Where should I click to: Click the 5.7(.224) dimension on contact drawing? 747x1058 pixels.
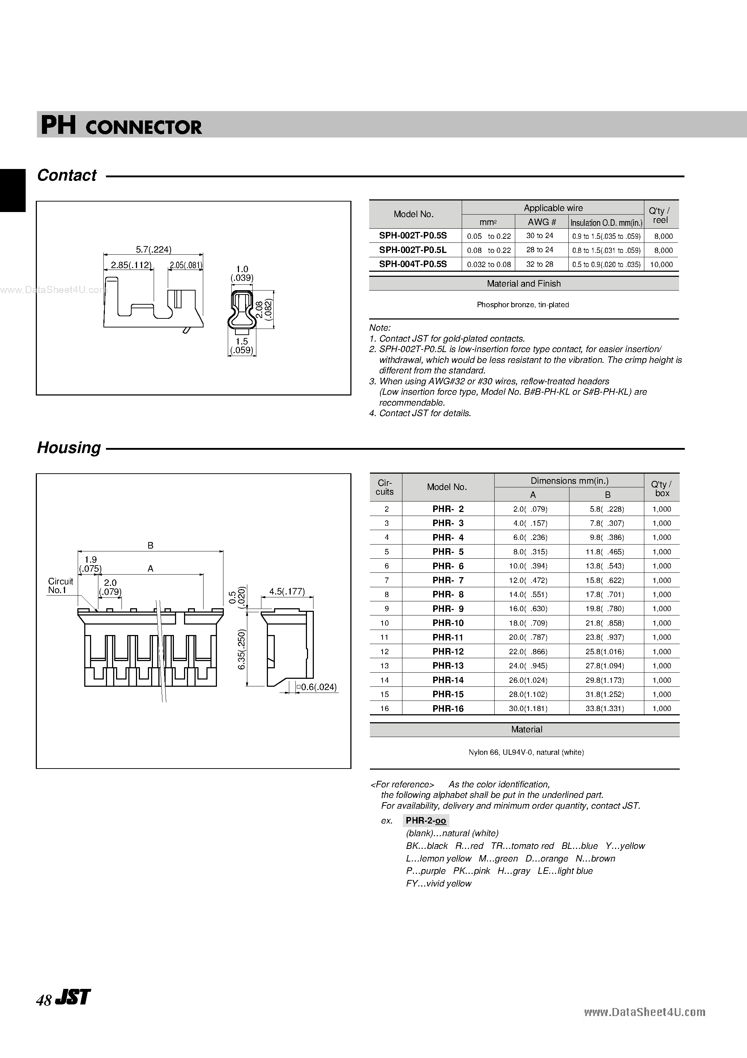pyautogui.click(x=153, y=249)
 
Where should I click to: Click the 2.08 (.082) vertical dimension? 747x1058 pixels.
pyautogui.click(x=264, y=309)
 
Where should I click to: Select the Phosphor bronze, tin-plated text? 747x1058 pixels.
pyautogui.click(x=523, y=305)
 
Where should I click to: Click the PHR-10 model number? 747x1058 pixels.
pyautogui.click(x=448, y=623)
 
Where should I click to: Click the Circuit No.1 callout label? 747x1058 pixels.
pyautogui.click(x=60, y=586)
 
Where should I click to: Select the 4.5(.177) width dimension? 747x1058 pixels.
pyautogui.click(x=287, y=591)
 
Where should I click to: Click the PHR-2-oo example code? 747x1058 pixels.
pyautogui.click(x=426, y=821)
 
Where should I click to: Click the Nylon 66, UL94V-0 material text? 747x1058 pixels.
pyautogui.click(x=526, y=752)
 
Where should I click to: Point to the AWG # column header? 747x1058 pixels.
pyautogui.click(x=542, y=222)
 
